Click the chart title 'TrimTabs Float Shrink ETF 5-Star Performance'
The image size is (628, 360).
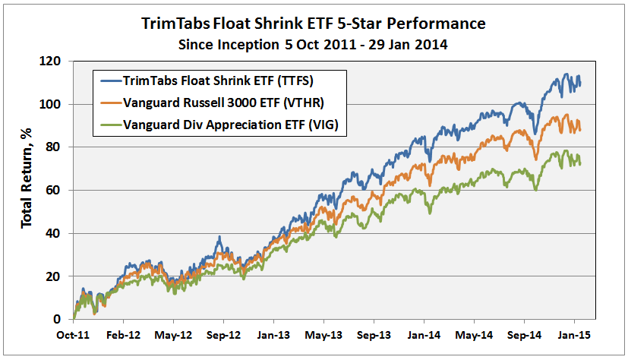[x=313, y=23]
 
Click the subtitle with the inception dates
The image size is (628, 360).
[x=313, y=44]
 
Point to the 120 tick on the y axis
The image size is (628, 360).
[x=53, y=61]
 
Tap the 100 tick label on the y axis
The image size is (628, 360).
[x=53, y=104]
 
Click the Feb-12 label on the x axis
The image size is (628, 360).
[x=124, y=333]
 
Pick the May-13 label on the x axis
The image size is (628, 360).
[x=323, y=333]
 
